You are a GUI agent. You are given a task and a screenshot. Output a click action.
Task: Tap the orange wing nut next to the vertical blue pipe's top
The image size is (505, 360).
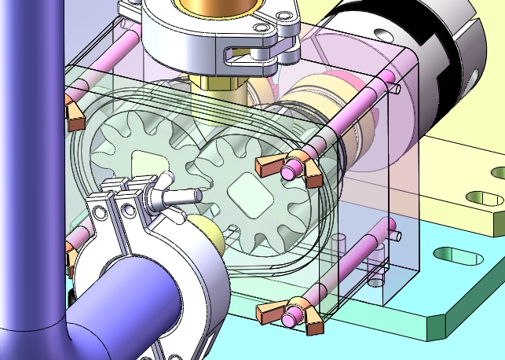(x=75, y=116)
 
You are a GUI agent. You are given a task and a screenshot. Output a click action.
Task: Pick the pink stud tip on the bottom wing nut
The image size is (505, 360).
(x=291, y=317)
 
